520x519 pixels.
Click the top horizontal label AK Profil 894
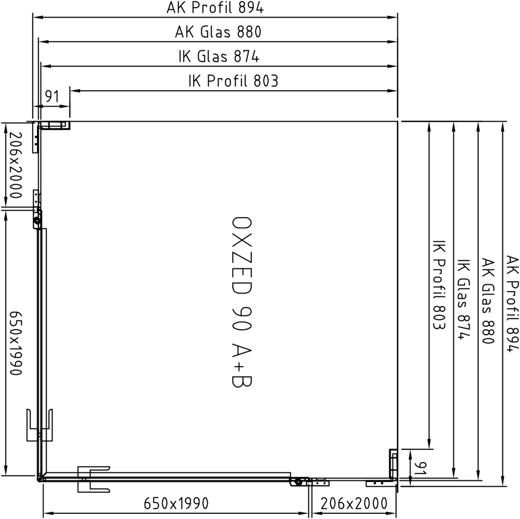pos(215,8)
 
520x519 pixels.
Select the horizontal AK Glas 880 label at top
pos(218,32)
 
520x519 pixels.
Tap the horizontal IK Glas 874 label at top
pos(219,56)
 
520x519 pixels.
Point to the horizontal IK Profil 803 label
pos(234,81)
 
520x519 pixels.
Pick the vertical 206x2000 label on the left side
pos(15,165)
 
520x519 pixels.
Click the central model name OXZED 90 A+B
pos(241,302)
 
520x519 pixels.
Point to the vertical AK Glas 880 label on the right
pos(488,301)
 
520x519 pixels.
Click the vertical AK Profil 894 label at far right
pos(512,303)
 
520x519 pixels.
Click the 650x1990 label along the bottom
pos(176,504)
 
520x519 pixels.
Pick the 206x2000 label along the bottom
pos(354,504)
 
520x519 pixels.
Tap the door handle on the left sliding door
pos(39,425)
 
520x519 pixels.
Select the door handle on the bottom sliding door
pos(94,479)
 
